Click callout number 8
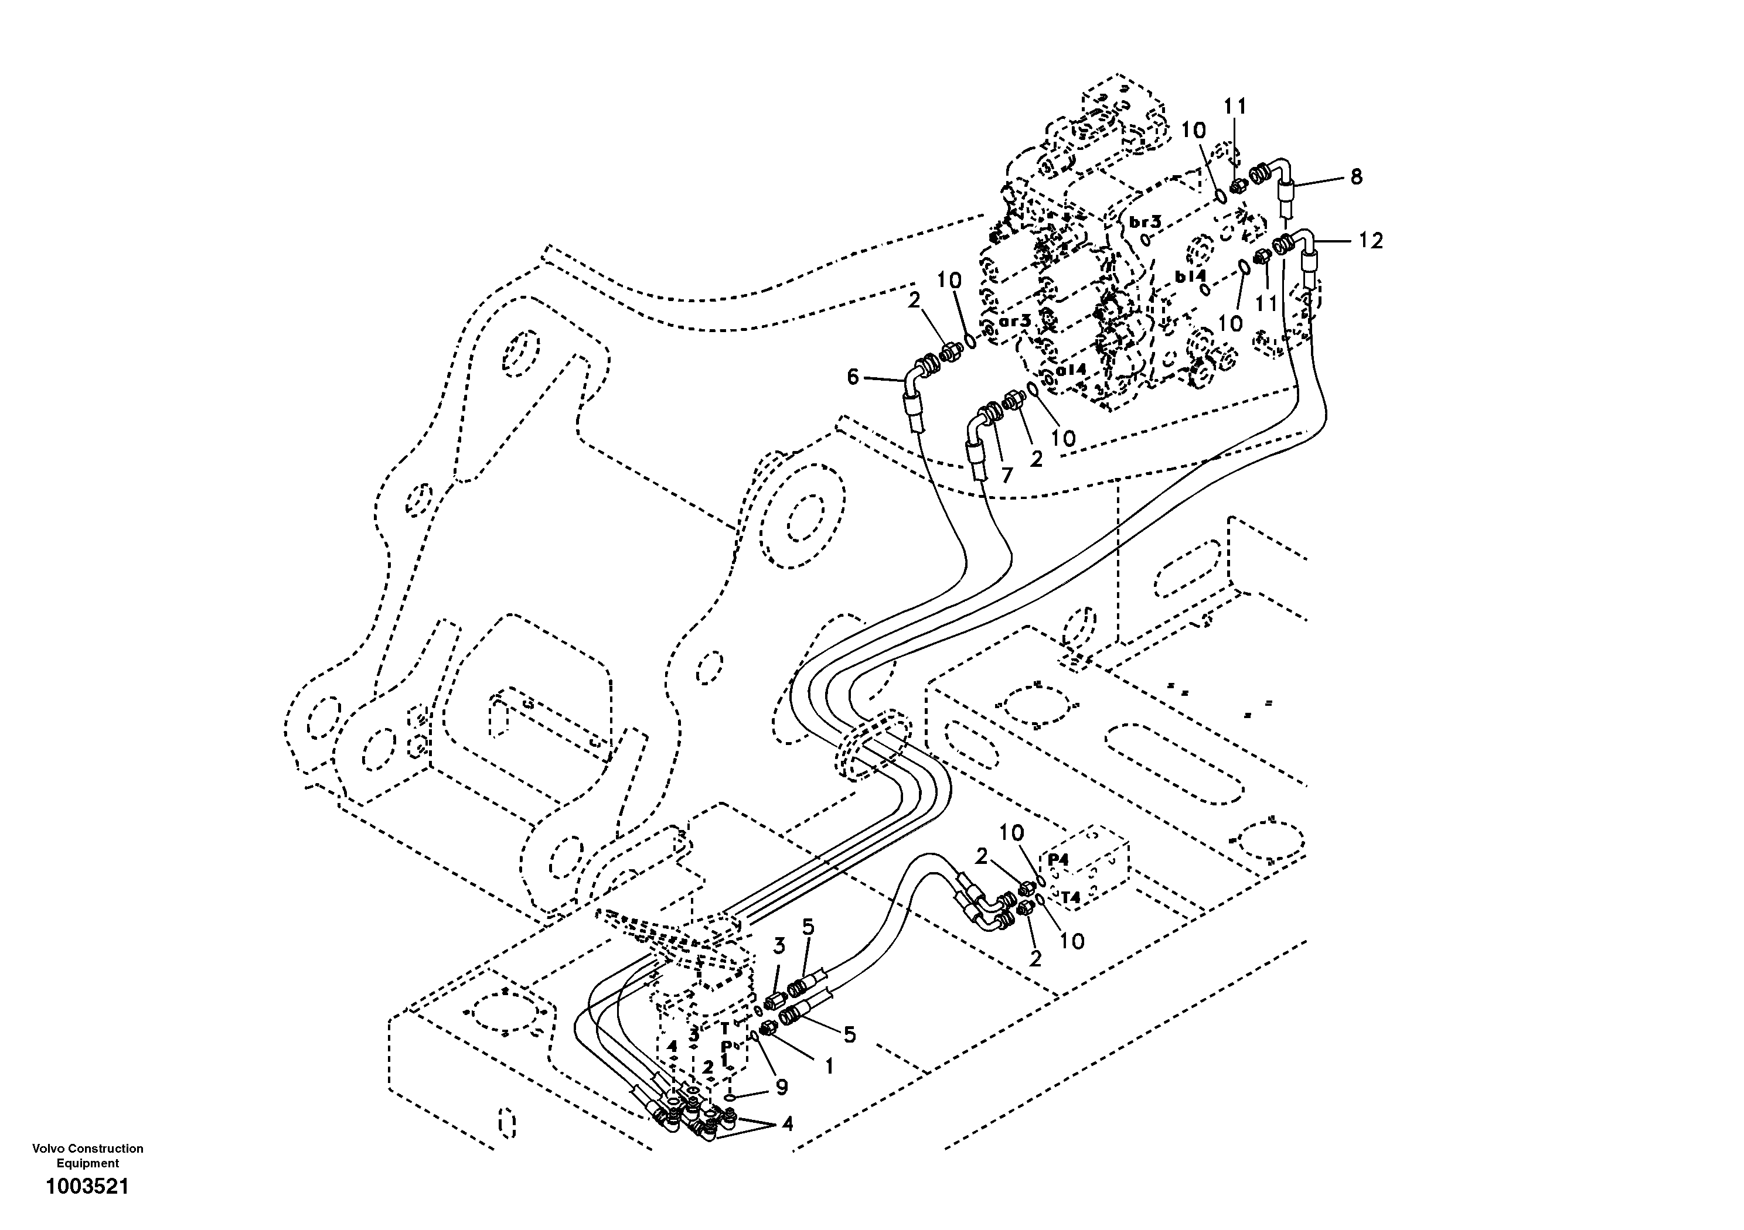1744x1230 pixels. coord(1356,177)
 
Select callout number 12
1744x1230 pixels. coord(1371,241)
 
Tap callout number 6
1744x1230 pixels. coord(853,377)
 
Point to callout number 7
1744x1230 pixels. coord(1007,475)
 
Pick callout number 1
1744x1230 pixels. coord(829,1066)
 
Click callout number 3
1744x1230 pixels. coord(779,946)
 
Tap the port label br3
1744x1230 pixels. coord(1146,223)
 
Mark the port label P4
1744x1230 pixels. coord(1058,859)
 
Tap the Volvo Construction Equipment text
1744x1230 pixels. coord(87,1156)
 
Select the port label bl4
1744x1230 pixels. coord(1190,277)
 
